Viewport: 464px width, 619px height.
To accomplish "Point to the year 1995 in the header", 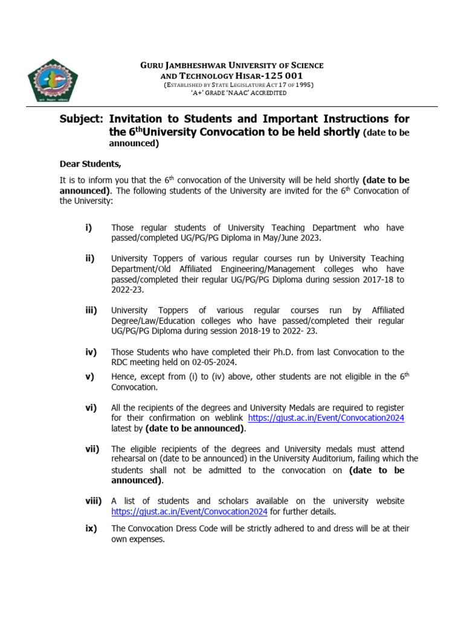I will click(301, 85).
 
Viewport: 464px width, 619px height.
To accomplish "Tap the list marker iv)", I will click(90, 352).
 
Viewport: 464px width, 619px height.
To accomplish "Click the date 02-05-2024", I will click(215, 362).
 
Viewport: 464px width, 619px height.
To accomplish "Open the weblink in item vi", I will click(326, 418).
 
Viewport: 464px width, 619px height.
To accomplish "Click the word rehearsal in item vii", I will click(130, 459).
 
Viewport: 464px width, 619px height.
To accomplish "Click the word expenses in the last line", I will click(147, 539).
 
